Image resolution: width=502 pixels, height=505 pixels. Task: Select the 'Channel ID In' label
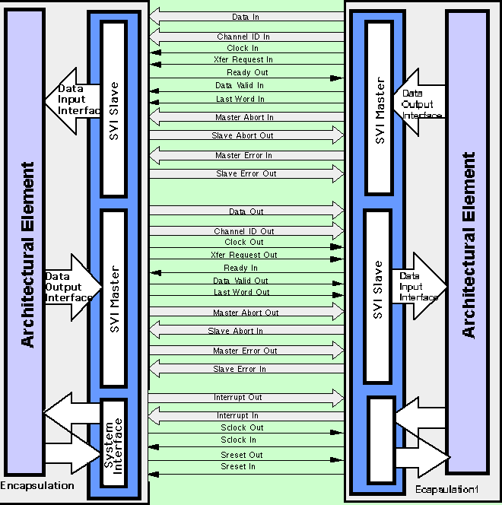click(243, 37)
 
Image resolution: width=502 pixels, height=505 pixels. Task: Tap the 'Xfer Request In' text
click(243, 59)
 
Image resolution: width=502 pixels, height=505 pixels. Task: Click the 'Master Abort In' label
click(244, 118)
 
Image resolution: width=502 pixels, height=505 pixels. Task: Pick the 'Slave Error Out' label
click(246, 174)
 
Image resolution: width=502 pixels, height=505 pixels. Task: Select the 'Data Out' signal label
click(246, 211)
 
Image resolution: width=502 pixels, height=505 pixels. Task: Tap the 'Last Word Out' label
click(241, 292)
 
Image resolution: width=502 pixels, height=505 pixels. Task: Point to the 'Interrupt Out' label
click(239, 397)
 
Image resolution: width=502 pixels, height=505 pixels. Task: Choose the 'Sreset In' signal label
click(238, 466)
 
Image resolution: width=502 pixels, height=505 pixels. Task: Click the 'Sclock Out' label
click(242, 427)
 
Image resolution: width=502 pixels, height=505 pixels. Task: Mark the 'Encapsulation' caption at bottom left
click(37, 485)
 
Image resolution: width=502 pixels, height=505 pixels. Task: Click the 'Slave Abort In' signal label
click(236, 332)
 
